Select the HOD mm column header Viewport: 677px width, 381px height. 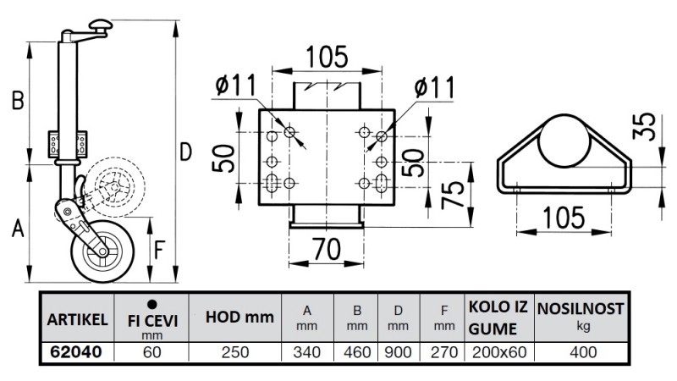click(x=239, y=317)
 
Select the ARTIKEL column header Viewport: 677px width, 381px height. click(x=74, y=319)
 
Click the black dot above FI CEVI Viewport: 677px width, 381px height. click(x=152, y=304)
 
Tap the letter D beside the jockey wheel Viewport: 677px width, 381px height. click(x=186, y=152)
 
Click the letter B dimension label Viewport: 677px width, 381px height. click(x=17, y=102)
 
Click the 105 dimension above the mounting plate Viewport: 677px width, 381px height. click(x=327, y=57)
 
